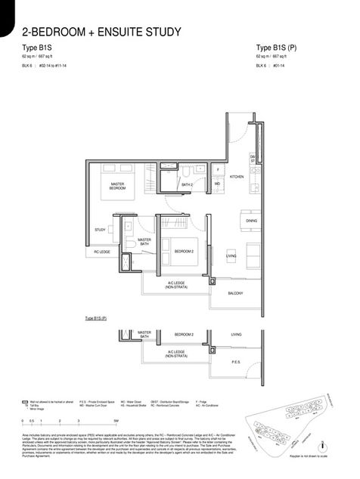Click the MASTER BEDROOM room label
pyautogui.click(x=117, y=186)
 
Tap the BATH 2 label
pyautogui.click(x=187, y=184)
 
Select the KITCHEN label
pyautogui.click(x=237, y=176)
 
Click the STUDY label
pyautogui.click(x=100, y=230)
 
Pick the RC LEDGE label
pyautogui.click(x=102, y=252)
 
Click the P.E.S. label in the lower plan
pyautogui.click(x=235, y=362)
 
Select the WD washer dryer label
pyautogui.click(x=217, y=183)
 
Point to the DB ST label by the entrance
pyautogui.click(x=253, y=159)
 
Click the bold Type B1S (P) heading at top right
pyautogui.click(x=277, y=48)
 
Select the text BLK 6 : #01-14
pyautogui.click(x=275, y=66)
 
